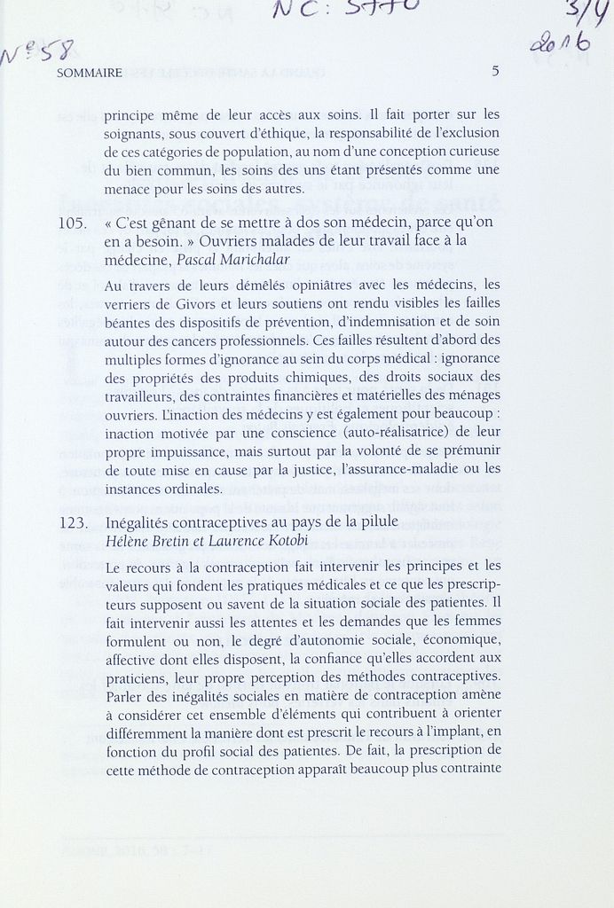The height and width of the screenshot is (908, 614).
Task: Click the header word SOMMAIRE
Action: [x=90, y=74]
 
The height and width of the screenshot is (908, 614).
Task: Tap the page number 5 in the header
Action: [x=495, y=72]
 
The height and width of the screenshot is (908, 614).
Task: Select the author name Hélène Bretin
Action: [x=146, y=540]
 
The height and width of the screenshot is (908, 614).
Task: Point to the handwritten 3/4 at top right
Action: [x=582, y=14]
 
